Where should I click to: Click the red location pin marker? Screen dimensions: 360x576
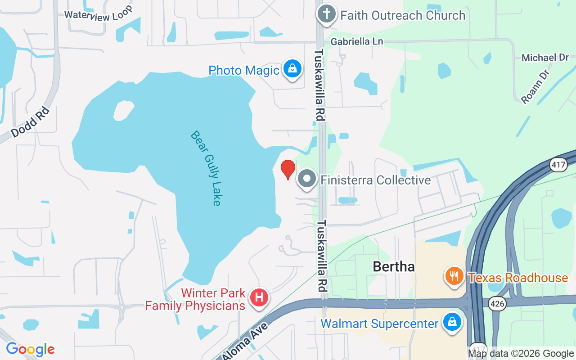pos(288,169)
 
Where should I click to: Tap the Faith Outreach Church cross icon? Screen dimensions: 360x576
pos(326,14)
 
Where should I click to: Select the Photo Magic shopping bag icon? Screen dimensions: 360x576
pos(292,69)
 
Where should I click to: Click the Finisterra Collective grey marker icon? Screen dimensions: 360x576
pos(307,179)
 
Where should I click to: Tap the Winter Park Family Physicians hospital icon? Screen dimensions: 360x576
pos(259,298)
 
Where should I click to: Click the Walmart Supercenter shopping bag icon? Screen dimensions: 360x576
pos(451,323)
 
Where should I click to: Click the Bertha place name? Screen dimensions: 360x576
pos(393,267)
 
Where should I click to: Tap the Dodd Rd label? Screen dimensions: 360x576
pos(30,122)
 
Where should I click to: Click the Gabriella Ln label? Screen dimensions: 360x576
pos(357,41)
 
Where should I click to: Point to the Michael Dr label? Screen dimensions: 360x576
pos(545,58)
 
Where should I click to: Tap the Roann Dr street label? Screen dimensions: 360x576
pos(535,86)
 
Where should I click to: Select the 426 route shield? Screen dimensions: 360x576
pos(497,304)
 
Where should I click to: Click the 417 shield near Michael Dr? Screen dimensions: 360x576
pos(558,165)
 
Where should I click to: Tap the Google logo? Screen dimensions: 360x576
pos(30,349)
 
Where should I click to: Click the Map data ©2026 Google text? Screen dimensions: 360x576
pos(521,354)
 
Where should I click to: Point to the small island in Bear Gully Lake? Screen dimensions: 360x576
pos(123,111)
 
